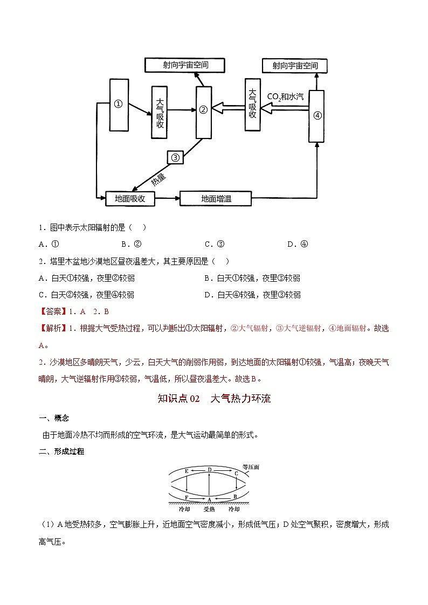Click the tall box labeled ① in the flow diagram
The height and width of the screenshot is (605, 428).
point(119,105)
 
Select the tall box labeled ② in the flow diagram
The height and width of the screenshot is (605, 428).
point(203,110)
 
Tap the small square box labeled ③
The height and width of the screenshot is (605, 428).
point(175,157)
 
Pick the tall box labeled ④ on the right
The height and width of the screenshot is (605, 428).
point(317,116)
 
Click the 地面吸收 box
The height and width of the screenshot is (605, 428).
point(130,198)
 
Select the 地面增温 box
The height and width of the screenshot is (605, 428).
point(216,198)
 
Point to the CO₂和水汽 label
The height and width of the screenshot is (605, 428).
point(286,97)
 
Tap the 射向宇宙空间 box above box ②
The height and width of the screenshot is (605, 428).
point(185,65)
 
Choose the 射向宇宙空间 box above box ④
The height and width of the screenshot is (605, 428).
point(295,66)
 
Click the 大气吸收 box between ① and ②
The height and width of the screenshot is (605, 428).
point(160,113)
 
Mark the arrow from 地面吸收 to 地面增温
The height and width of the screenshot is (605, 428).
point(167,198)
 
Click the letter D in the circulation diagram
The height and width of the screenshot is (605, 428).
point(210,470)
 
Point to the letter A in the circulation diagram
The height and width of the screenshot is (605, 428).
point(209,499)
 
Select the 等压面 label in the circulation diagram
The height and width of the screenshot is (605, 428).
point(251,467)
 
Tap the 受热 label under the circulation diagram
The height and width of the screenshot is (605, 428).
point(209,509)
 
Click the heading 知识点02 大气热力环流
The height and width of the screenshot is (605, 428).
point(214,399)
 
